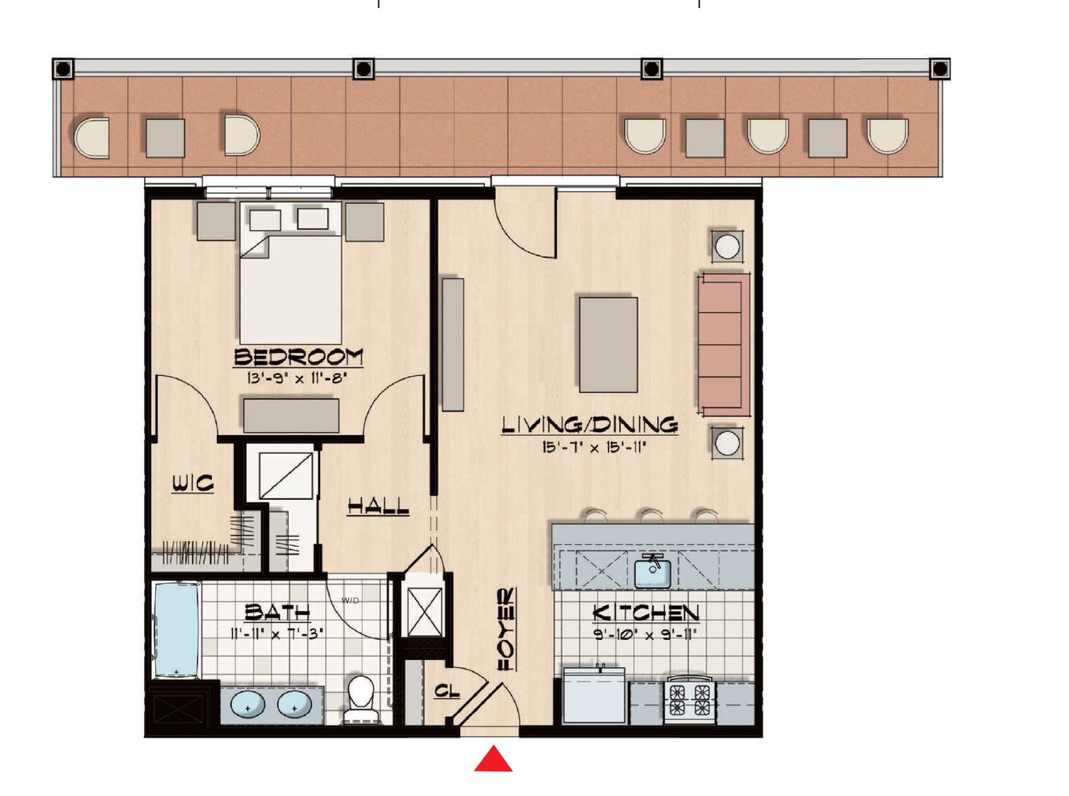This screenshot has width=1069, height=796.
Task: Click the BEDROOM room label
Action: click(x=298, y=357)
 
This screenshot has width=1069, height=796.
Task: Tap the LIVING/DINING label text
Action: click(x=590, y=425)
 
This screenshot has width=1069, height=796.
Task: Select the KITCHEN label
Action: click(x=646, y=613)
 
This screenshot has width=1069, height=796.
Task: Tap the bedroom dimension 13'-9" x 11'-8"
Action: click(x=297, y=378)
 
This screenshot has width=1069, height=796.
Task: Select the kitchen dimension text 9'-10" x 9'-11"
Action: click(x=646, y=635)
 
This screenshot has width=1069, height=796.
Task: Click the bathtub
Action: click(x=176, y=630)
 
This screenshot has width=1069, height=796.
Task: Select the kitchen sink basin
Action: click(x=653, y=574)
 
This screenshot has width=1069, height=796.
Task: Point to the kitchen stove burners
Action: click(x=690, y=700)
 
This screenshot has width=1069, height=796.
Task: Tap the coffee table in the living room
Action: click(x=608, y=345)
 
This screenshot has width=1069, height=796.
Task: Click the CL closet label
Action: click(x=447, y=691)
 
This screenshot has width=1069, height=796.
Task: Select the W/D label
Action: click(x=350, y=600)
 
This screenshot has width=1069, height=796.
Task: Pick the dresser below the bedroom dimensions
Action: click(x=290, y=415)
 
